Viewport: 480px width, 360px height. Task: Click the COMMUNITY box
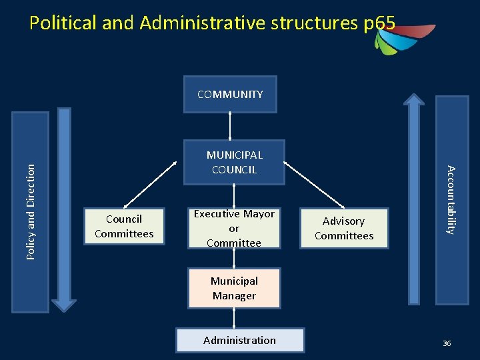pos(230,94)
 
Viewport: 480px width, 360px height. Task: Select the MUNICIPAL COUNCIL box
pos(234,162)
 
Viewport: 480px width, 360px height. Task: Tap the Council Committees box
pos(124,226)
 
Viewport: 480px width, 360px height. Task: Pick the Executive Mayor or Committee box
pos(234,228)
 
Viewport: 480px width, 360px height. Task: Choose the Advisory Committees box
pos(344,228)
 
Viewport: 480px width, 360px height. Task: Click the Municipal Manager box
pos(234,288)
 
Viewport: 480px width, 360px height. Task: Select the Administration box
pos(239,340)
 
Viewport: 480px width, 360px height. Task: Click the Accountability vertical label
pos(451,199)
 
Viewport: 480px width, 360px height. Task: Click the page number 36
pos(447,343)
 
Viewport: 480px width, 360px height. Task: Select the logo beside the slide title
pos(403,37)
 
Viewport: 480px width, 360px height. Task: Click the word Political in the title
pos(64,23)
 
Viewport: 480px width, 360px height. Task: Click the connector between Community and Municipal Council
pos(230,126)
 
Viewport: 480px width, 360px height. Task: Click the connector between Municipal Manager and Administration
pos(234,318)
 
